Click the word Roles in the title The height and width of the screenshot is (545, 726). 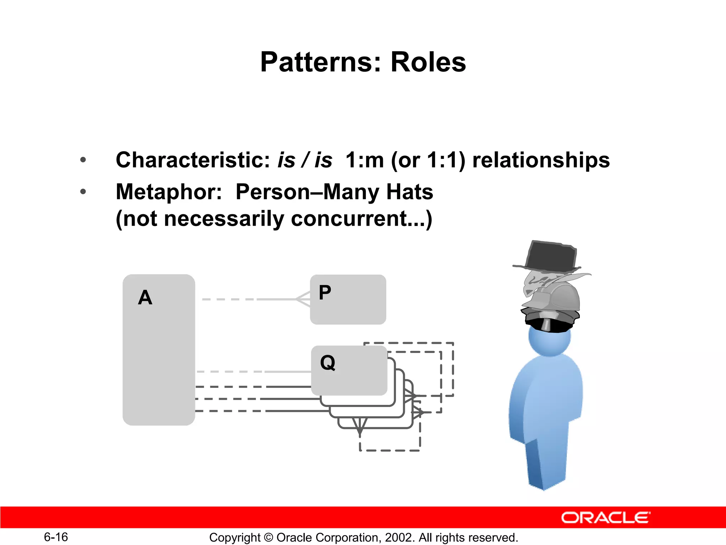point(428,62)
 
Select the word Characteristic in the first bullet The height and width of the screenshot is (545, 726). point(193,160)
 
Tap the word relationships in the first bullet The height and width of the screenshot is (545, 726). point(541,160)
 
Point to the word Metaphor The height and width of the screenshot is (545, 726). point(169,192)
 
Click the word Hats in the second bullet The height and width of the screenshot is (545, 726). point(409,192)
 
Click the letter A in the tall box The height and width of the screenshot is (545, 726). point(145,297)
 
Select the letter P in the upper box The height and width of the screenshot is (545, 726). point(325,293)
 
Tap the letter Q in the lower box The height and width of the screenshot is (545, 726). point(328,363)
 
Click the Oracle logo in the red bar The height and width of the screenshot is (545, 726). point(605,518)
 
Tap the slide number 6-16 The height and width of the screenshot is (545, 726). point(56,537)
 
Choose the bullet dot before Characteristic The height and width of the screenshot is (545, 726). point(83,160)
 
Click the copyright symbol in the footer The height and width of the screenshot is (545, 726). point(268,537)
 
